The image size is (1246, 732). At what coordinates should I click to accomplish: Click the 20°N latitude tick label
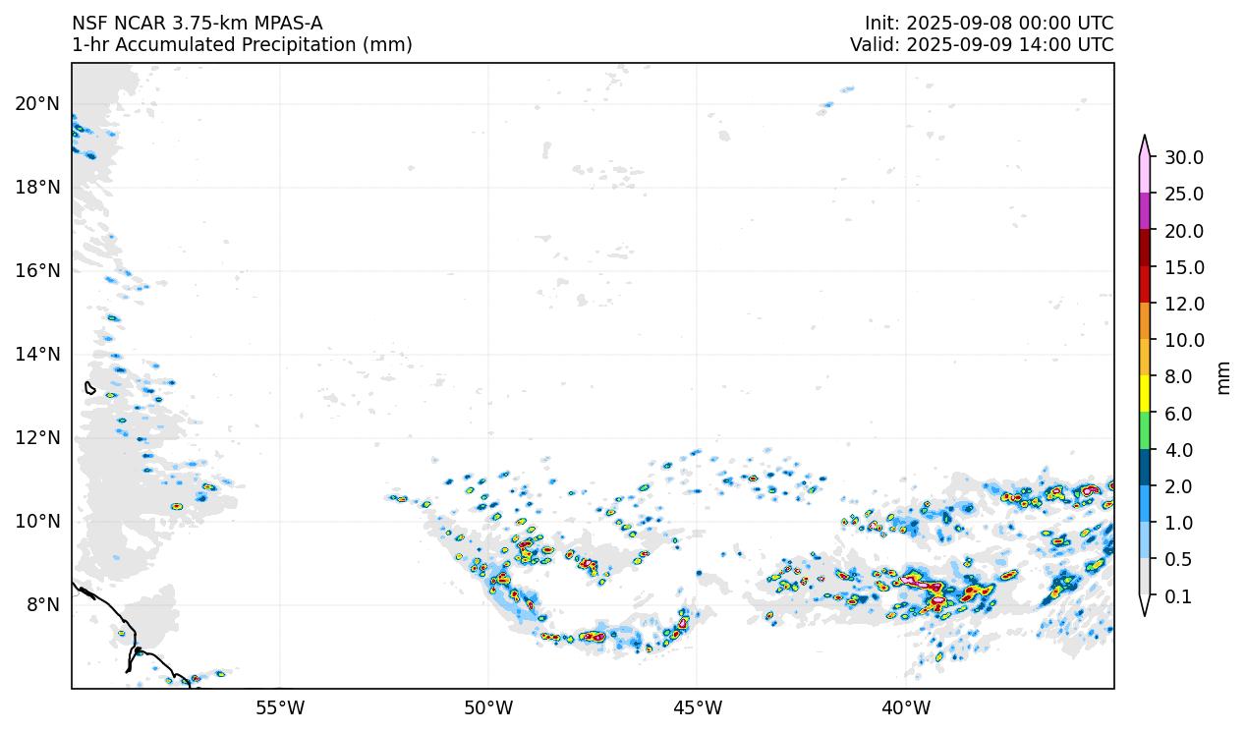pyautogui.click(x=37, y=103)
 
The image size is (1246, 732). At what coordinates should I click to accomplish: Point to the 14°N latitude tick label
pyautogui.click(x=37, y=354)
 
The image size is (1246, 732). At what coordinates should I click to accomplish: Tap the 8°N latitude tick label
pyautogui.click(x=41, y=604)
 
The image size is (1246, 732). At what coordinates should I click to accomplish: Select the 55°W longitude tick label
pyautogui.click(x=280, y=707)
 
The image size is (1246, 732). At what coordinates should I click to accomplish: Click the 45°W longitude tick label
pyautogui.click(x=697, y=707)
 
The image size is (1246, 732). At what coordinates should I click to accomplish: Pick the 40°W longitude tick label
pyautogui.click(x=906, y=707)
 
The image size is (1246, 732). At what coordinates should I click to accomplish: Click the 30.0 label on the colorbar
pyautogui.click(x=1184, y=157)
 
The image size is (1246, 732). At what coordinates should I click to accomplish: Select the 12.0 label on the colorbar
pyautogui.click(x=1184, y=304)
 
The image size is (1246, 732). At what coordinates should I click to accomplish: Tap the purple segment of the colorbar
pyautogui.click(x=1145, y=211)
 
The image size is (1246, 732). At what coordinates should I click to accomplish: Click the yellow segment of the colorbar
pyautogui.click(x=1145, y=395)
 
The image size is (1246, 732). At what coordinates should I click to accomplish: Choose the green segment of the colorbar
pyautogui.click(x=1145, y=431)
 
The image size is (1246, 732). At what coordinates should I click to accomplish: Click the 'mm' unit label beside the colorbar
pyautogui.click(x=1223, y=377)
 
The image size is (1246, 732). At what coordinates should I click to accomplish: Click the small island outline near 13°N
pyautogui.click(x=89, y=388)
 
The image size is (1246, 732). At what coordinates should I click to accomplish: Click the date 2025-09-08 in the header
pyautogui.click(x=949, y=24)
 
